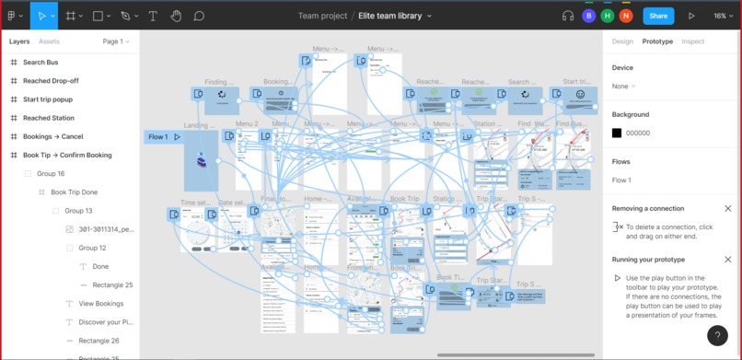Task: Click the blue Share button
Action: (x=657, y=16)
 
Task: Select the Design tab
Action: (x=622, y=41)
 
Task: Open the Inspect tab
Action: (x=692, y=41)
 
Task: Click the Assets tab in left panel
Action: (x=49, y=41)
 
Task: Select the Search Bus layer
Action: (x=41, y=63)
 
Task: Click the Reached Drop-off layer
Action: (x=51, y=81)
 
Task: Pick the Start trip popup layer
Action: (x=48, y=99)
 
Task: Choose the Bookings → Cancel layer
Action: (x=53, y=136)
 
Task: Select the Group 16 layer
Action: (x=51, y=173)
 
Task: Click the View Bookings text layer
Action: (x=101, y=303)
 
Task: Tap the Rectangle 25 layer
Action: (x=112, y=285)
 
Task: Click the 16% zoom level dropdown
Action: (x=723, y=16)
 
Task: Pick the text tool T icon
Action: (x=152, y=16)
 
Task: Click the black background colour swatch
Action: (x=617, y=134)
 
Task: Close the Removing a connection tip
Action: (x=727, y=209)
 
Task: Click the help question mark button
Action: (x=717, y=336)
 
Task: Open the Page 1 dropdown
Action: (x=116, y=41)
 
